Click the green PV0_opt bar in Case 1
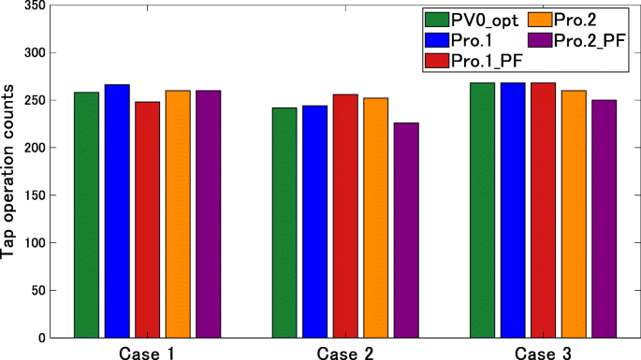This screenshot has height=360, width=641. point(86,214)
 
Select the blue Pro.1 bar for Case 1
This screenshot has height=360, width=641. point(117,210)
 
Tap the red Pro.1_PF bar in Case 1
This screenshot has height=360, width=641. point(147,219)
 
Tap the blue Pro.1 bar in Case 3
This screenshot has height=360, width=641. point(513,209)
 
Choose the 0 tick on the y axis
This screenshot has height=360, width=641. point(39,338)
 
